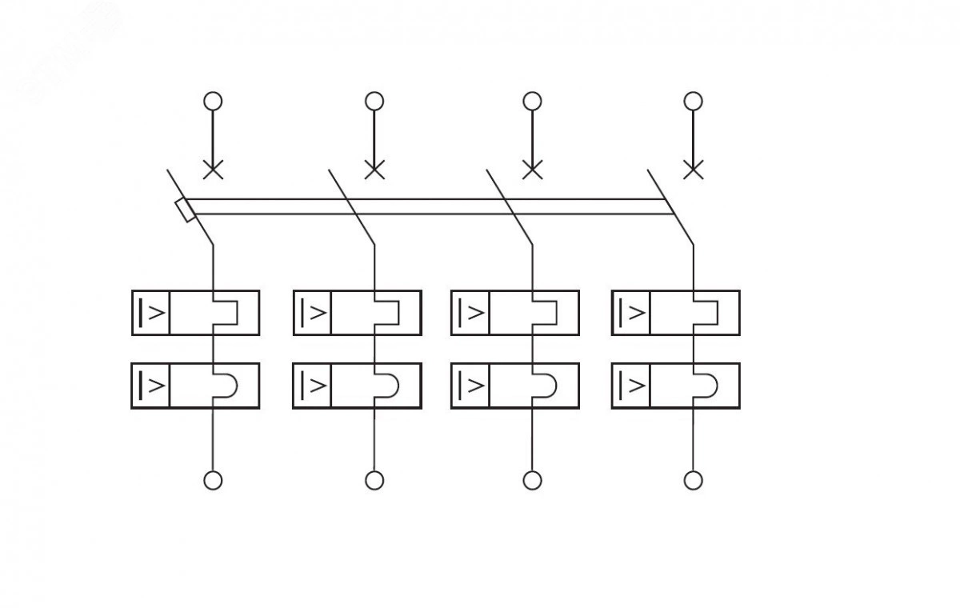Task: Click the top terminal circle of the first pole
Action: (x=213, y=101)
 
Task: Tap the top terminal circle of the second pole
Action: (x=374, y=101)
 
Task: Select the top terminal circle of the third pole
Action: (x=532, y=101)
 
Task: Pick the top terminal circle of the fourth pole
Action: (x=694, y=101)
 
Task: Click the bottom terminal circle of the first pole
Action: (x=213, y=480)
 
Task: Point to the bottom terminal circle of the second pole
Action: (x=374, y=480)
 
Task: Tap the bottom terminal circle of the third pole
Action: (x=532, y=480)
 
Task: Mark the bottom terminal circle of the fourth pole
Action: (x=694, y=480)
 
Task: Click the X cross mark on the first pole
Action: (x=213, y=170)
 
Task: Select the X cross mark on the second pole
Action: (x=374, y=170)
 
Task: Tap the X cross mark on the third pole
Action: (x=532, y=170)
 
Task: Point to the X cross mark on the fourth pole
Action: (x=694, y=170)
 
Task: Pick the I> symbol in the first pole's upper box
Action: (x=152, y=312)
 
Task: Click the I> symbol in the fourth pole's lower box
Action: (x=631, y=386)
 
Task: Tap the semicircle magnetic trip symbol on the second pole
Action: (x=388, y=386)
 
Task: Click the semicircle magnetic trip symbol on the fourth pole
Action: (x=707, y=386)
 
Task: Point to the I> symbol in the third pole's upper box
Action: (x=470, y=312)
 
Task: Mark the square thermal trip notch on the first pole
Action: (x=226, y=312)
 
